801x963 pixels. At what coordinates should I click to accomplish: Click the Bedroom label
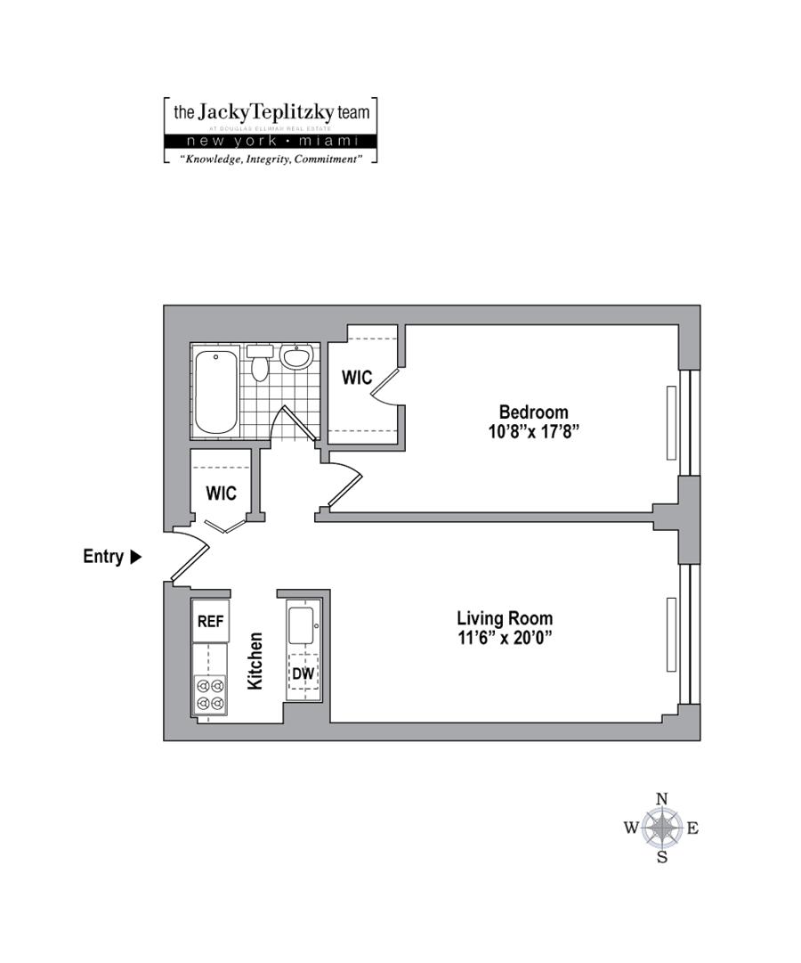[x=533, y=412]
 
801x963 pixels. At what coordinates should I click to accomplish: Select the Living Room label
[x=504, y=618]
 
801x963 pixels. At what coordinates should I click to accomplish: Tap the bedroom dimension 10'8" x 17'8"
[x=533, y=432]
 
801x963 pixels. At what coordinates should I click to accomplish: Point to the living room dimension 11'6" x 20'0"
[x=504, y=638]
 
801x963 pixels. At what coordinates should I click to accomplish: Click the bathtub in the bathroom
[x=215, y=392]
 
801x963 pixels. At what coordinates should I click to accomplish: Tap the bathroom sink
[x=296, y=357]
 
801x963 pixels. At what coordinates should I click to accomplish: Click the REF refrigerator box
[x=210, y=622]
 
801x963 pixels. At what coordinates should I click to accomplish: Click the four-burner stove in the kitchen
[x=210, y=695]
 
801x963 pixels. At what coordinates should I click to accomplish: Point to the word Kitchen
[x=255, y=661]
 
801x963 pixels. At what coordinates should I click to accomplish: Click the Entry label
[x=102, y=557]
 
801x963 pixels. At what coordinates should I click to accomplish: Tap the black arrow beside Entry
[x=135, y=557]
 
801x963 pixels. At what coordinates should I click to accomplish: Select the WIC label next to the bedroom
[x=357, y=378]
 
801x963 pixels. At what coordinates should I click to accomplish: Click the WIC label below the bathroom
[x=221, y=492]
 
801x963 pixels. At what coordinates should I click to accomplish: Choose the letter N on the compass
[x=661, y=799]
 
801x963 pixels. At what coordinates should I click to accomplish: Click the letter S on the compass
[x=661, y=857]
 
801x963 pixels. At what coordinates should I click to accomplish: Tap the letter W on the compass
[x=631, y=828]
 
